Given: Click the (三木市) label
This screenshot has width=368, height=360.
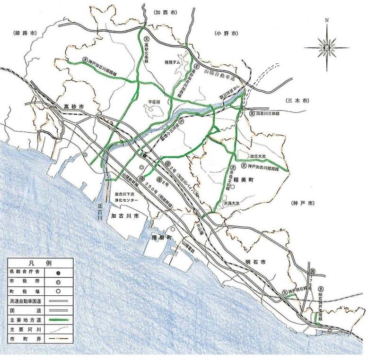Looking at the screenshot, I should (297, 101).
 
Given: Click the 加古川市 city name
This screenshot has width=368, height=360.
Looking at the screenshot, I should (124, 215).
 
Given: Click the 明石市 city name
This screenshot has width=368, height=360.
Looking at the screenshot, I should (255, 261).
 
